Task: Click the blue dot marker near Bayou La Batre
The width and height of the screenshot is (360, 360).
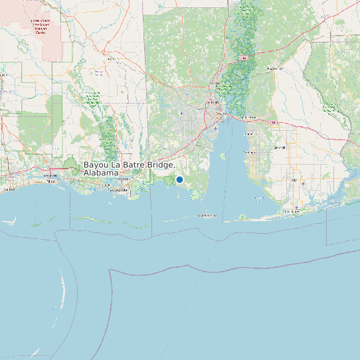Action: (x=179, y=179)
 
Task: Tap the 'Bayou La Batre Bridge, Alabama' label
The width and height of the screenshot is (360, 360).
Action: (x=129, y=168)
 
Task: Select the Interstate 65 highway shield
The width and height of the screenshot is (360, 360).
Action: (x=244, y=59)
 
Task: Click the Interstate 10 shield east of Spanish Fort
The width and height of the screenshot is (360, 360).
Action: (x=272, y=122)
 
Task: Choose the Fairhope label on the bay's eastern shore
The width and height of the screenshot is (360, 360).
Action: (x=250, y=152)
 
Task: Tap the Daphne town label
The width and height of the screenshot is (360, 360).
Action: (x=249, y=134)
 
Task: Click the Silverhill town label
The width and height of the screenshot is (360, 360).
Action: (x=280, y=147)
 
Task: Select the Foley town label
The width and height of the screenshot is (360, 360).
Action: (x=294, y=180)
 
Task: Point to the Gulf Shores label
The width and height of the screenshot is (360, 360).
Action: (x=292, y=211)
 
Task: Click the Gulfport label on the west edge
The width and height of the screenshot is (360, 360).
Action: (x=9, y=189)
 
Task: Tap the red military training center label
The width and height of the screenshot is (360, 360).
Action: (x=39, y=26)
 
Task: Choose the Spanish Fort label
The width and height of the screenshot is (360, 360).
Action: (x=247, y=117)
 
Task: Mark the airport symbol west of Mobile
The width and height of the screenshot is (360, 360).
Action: (x=181, y=113)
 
